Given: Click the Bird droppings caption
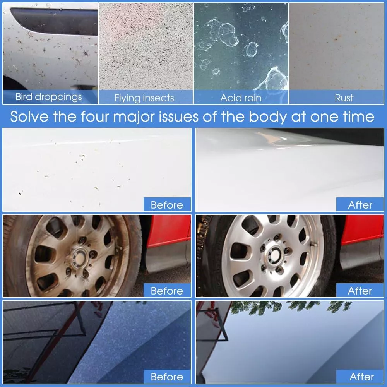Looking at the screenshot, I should tap(49, 97).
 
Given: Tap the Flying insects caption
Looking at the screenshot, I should tap(144, 98).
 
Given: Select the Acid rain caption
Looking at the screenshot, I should tap(241, 98).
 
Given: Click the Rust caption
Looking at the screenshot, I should tap(344, 98).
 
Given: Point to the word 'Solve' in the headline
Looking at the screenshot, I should tap(29, 116).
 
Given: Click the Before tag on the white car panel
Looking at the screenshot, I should tap(167, 205).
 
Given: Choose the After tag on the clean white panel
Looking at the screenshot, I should tap(360, 205).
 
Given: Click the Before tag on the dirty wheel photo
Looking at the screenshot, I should tap(167, 291).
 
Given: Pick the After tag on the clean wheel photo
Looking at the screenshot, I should tap(360, 291).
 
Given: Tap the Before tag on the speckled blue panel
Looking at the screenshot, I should tap(167, 377).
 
